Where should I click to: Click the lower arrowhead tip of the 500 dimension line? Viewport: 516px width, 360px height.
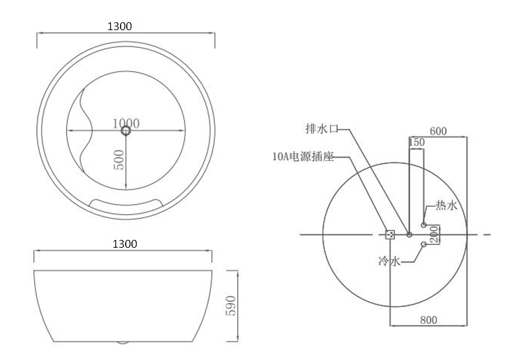tap(126, 190)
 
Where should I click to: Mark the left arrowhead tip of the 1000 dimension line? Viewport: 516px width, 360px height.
tap(67, 130)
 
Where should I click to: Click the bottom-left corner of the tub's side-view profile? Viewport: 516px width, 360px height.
tap(54, 342)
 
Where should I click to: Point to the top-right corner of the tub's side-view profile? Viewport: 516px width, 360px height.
tap(212, 271)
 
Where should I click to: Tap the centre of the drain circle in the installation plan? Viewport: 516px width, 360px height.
tap(409, 235)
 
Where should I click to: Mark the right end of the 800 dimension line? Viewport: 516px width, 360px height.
tap(467, 326)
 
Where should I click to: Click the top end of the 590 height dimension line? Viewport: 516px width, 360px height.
tap(237, 271)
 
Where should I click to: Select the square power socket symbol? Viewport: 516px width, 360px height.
tap(390, 234)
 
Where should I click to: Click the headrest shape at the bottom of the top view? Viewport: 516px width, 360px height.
tap(127, 203)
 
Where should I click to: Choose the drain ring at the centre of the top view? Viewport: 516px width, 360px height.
tap(126, 130)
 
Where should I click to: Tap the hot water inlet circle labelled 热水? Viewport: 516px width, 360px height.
tap(424, 225)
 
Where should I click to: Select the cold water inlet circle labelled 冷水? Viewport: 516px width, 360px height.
tap(424, 244)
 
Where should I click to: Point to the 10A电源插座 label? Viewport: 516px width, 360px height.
tap(303, 157)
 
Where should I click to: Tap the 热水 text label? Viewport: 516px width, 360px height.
tap(446, 205)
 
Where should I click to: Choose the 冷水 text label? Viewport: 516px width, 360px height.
tap(389, 261)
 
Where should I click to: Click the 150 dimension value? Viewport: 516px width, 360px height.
tap(417, 142)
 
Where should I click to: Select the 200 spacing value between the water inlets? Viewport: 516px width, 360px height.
tap(435, 234)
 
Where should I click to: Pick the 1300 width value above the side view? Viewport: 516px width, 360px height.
tap(125, 244)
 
